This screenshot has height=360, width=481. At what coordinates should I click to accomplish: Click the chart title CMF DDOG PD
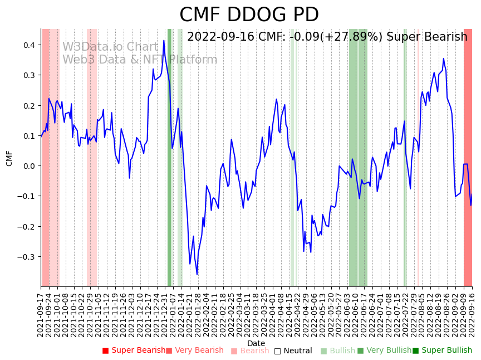[249, 15]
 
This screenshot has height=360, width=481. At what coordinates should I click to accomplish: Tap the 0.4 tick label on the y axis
[28, 45]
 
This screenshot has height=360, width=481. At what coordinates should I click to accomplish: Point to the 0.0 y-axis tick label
[28, 166]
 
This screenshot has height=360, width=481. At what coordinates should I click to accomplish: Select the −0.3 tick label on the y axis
[26, 257]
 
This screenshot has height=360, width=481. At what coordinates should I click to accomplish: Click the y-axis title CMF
[9, 158]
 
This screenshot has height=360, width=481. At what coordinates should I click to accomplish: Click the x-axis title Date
[256, 343]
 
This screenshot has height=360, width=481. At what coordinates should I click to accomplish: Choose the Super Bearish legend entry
[134, 351]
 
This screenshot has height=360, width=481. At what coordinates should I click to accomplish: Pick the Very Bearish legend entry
[194, 351]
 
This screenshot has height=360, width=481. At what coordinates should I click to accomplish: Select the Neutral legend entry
[293, 351]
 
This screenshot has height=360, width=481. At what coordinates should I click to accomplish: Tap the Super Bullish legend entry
[442, 351]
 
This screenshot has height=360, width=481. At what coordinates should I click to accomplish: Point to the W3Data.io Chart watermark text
[110, 47]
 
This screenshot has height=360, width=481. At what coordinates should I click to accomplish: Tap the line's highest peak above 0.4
[164, 41]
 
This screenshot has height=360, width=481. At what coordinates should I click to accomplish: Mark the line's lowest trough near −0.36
[197, 274]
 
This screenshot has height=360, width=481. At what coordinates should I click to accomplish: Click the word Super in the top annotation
[403, 37]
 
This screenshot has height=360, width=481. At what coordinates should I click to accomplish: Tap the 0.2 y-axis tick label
[28, 106]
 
